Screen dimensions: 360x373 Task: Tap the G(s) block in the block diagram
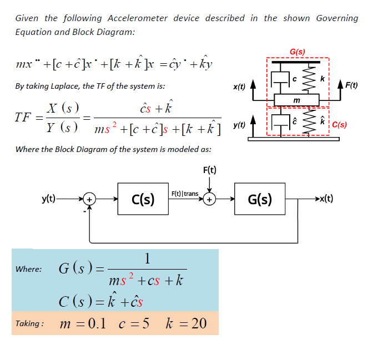259,199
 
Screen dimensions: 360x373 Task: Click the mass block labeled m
296,99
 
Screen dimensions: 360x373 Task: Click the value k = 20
186,323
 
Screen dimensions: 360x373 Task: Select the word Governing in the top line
337,18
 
